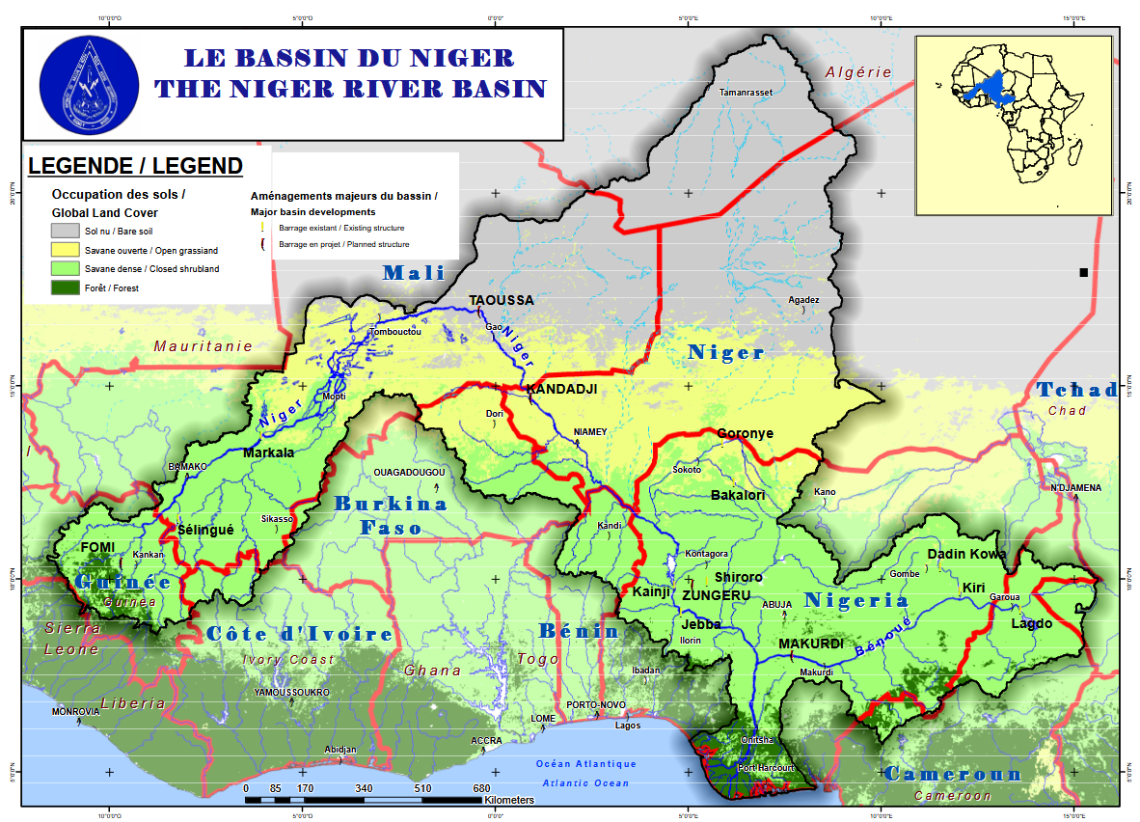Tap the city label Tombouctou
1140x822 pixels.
(x=395, y=333)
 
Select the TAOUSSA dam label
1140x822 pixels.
(x=501, y=300)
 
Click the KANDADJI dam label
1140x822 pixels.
(x=561, y=389)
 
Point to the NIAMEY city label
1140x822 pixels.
(x=590, y=431)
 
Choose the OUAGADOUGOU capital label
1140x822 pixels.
(x=409, y=473)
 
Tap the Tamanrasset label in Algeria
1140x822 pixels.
(x=746, y=93)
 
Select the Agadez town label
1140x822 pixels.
(x=803, y=300)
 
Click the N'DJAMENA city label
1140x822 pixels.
(x=1075, y=487)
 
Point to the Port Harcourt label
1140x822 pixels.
(x=766, y=768)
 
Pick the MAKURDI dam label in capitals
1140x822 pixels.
(x=811, y=644)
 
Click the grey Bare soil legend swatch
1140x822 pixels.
(x=65, y=232)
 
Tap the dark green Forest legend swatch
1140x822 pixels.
(x=65, y=287)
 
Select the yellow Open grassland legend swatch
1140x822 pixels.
(x=65, y=250)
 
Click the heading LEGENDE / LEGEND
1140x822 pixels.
(x=135, y=166)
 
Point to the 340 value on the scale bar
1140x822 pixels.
(x=364, y=788)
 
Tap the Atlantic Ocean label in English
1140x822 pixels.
(x=584, y=783)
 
